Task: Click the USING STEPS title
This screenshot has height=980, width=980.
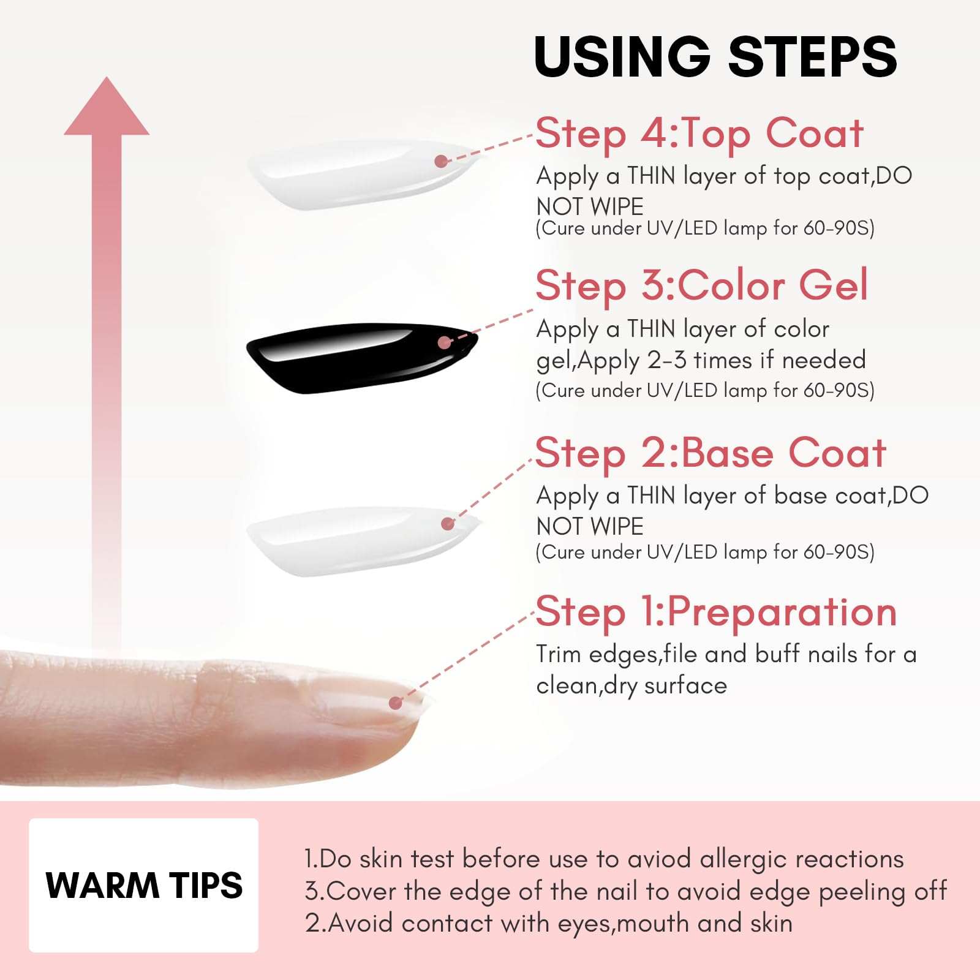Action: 715,56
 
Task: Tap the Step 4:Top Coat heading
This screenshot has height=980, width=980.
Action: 699,134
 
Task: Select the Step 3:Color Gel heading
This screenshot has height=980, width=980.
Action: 702,285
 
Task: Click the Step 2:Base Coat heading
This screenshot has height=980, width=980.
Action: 710,453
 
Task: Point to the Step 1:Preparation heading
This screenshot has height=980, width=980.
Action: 715,612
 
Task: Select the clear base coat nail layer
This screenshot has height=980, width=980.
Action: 355,541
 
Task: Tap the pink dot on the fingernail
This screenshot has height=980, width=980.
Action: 396,703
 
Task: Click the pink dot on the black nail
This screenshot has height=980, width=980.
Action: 444,342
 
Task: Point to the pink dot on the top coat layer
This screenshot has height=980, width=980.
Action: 440,161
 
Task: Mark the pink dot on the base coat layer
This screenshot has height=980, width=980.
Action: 448,524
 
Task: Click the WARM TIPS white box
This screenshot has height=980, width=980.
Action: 143,885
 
